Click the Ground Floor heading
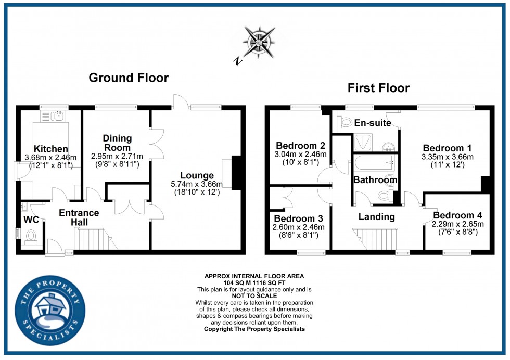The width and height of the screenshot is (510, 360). click(x=129, y=78)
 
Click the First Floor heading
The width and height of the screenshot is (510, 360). click(x=378, y=88)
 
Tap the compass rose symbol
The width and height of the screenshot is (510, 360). click(x=257, y=41)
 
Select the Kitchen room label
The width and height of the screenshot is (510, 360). click(x=51, y=149)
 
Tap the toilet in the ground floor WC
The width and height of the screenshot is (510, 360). click(x=31, y=236)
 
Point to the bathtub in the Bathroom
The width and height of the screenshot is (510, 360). click(x=375, y=165)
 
